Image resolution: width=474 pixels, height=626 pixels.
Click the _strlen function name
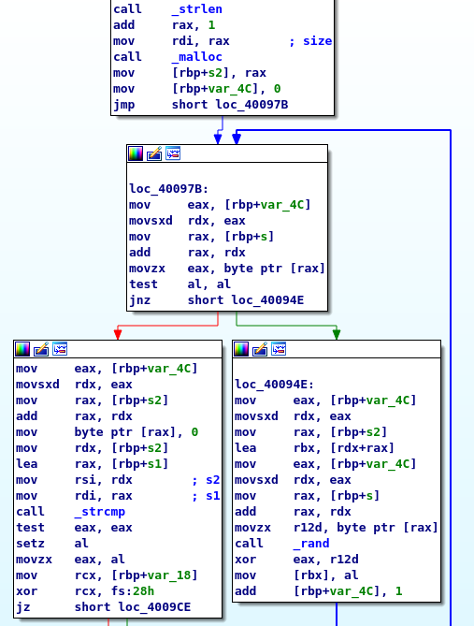pos(197,9)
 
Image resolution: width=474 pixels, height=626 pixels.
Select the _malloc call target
pos(197,57)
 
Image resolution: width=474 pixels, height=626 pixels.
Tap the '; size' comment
pos(310,41)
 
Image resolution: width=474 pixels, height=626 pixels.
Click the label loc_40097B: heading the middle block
pos(169,188)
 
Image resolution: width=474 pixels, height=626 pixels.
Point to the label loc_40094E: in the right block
pos(275,384)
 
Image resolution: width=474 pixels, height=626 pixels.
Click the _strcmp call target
pos(100,512)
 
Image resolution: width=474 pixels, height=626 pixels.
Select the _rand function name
pos(311,544)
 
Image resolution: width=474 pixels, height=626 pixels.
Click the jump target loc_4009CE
pos(154,607)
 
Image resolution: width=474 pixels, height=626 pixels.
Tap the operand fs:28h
pos(133,591)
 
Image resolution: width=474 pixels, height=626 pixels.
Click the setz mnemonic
pos(30,544)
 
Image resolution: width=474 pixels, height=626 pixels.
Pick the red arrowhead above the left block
pos(118,334)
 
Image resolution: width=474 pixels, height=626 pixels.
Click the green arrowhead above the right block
pos(337,334)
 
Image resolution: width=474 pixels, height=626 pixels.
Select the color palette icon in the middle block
pos(136,153)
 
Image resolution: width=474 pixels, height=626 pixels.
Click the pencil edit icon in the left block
pos(41,349)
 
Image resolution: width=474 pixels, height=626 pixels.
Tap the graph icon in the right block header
pos(279,349)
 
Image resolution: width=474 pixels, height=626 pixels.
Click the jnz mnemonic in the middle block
pos(139,300)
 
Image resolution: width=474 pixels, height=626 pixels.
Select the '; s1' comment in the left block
pos(207,496)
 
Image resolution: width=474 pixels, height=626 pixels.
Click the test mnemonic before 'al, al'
pos(143,284)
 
